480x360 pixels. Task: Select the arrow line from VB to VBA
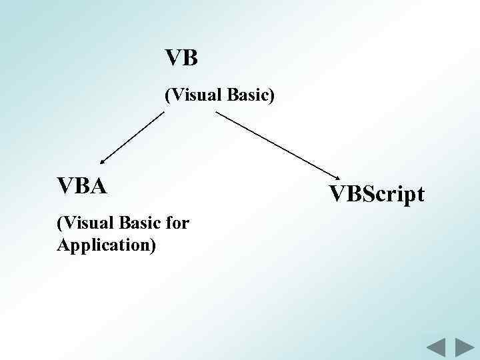pos(132,137)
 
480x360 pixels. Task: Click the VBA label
pos(82,186)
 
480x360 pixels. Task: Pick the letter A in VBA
pos(97,186)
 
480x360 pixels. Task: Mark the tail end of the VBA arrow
pos(163,113)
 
